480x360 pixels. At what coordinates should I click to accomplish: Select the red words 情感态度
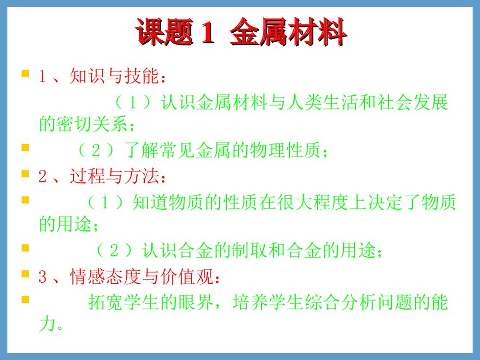(x=102, y=277)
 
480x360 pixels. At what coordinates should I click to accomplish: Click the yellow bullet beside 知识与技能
(x=25, y=75)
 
